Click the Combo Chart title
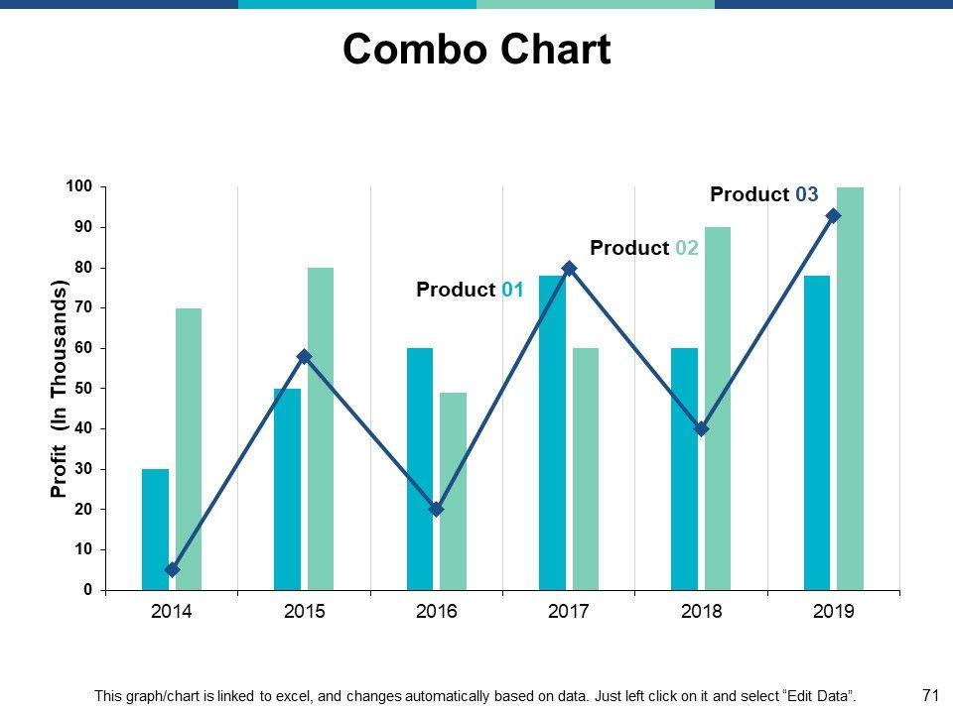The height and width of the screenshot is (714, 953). coord(476,50)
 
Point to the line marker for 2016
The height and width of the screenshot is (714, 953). coord(437,509)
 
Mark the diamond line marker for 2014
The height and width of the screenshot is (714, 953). coord(173,569)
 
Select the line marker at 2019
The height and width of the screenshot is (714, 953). coord(834,216)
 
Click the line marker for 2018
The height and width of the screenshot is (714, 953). coord(702,428)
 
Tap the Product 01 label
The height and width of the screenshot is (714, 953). coord(470,290)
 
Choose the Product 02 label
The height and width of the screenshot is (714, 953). coord(644,248)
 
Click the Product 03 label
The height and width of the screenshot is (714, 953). coord(764,194)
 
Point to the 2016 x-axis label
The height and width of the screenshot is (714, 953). coord(437,612)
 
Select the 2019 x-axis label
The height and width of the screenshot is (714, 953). coord(834,612)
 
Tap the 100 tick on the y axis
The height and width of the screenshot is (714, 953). coord(79,187)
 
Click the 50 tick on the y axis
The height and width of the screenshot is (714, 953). coord(82,389)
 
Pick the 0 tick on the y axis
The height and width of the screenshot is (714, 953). coord(87,590)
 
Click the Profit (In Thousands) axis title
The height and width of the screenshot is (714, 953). coord(59,389)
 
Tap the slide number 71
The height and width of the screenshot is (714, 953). coord(930,695)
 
